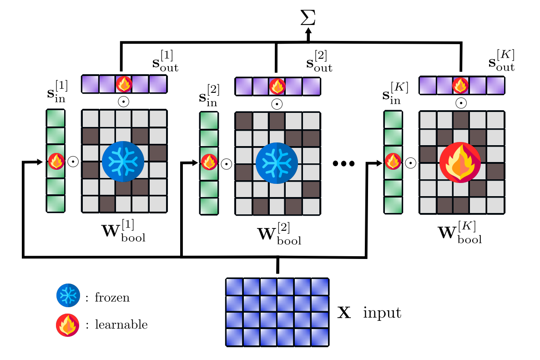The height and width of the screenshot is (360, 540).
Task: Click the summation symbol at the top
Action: (x=308, y=17)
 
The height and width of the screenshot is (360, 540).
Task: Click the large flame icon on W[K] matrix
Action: (x=460, y=163)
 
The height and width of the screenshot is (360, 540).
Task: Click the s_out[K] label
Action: (x=501, y=61)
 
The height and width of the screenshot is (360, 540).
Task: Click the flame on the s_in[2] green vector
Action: (x=209, y=162)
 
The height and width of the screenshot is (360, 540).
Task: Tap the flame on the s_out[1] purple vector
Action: (x=124, y=84)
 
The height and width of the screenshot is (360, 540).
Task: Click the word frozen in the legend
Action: (x=112, y=298)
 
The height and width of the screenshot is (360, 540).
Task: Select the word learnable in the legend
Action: (x=121, y=325)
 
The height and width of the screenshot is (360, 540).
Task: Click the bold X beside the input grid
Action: (x=344, y=314)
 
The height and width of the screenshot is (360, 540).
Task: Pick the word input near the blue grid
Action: (x=382, y=313)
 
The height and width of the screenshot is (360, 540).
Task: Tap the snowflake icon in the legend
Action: (x=68, y=296)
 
